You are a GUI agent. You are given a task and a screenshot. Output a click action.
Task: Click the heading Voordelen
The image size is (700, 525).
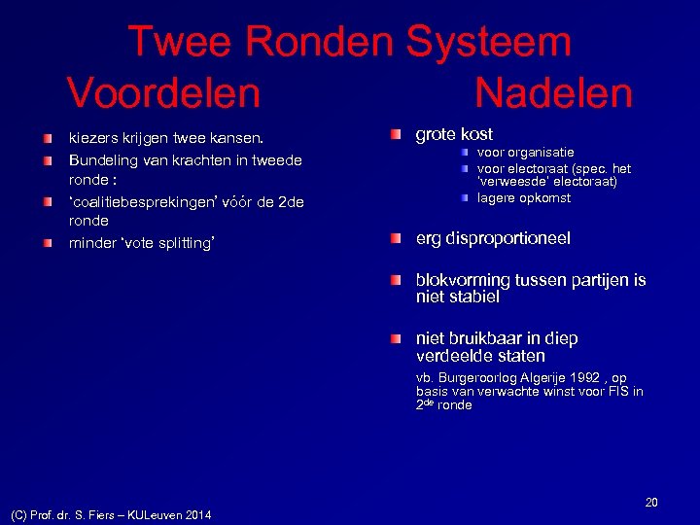coord(163,94)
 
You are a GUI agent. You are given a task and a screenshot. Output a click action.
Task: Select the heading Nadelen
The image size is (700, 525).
coord(553,94)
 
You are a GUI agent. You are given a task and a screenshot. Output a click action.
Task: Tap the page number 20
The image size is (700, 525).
coord(651,503)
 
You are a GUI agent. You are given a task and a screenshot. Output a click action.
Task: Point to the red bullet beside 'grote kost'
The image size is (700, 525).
coord(395,134)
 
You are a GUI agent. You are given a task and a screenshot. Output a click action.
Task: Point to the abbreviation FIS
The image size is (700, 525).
coord(617,392)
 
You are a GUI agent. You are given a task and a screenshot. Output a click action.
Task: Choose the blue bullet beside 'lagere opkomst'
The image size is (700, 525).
coord(467,198)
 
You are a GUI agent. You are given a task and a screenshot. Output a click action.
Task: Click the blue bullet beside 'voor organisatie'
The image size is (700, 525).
coord(467,153)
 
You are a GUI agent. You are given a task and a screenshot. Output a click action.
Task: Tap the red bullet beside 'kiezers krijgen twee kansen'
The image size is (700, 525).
coord(49,139)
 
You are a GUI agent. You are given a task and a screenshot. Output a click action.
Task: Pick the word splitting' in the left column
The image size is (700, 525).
coord(180,243)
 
